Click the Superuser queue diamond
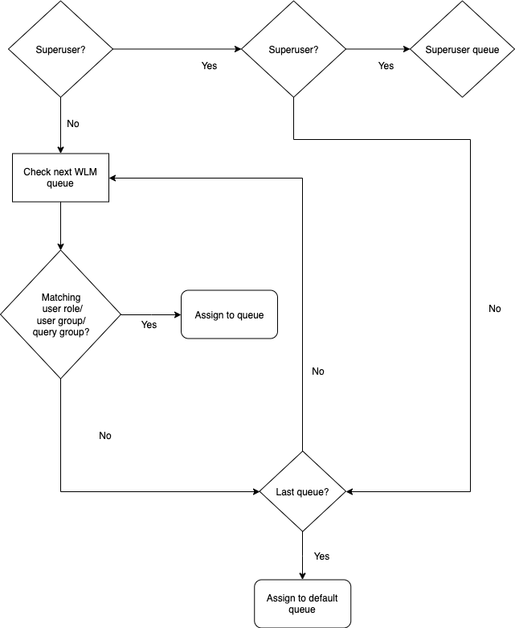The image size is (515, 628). (462, 49)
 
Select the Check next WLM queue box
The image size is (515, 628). (60, 178)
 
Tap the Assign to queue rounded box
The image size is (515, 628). (229, 314)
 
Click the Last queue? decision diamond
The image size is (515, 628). (302, 491)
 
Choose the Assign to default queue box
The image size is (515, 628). (302, 603)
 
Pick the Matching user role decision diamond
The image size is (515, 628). (60, 314)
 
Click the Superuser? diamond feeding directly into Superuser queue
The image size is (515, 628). (294, 49)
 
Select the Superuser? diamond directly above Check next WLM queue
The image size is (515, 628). (60, 49)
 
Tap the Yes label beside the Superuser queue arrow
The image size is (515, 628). (386, 66)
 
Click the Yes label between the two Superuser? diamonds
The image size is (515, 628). (209, 66)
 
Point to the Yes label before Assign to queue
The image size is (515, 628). (149, 325)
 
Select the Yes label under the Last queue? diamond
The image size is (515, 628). (321, 556)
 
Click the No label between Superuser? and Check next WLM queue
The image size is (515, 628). (73, 124)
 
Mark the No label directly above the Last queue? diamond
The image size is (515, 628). (318, 371)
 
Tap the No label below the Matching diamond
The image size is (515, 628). (105, 436)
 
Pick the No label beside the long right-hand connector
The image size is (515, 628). (494, 309)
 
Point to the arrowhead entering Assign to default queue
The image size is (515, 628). (302, 575)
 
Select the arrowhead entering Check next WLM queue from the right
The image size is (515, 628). (114, 178)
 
